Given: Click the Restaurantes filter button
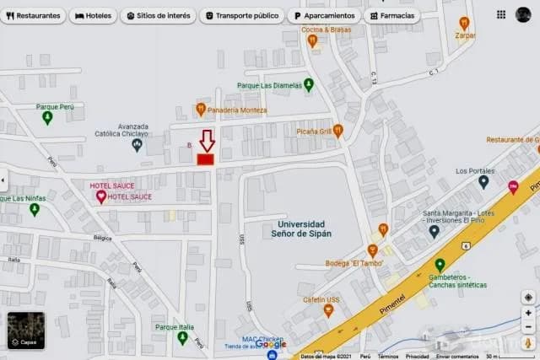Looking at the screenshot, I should click(x=34, y=16).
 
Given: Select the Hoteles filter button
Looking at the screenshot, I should click(x=92, y=16).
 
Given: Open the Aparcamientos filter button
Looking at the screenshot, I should click(x=324, y=16).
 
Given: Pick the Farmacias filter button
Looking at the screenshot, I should click(x=392, y=16).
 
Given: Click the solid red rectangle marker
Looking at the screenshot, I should click(x=206, y=159).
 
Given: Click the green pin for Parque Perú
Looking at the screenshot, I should click(x=47, y=118).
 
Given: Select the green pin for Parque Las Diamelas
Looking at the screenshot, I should click(x=309, y=84).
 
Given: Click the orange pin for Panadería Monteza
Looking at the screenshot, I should click(x=201, y=110).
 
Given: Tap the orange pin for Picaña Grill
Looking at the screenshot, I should click(x=337, y=131).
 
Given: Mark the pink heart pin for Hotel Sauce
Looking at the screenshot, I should click(x=101, y=196).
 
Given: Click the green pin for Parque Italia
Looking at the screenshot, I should click(x=182, y=338).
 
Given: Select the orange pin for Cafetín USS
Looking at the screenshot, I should click(x=328, y=310).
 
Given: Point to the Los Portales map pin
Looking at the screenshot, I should click(x=483, y=181).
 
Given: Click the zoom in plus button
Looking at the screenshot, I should click(x=528, y=313).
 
